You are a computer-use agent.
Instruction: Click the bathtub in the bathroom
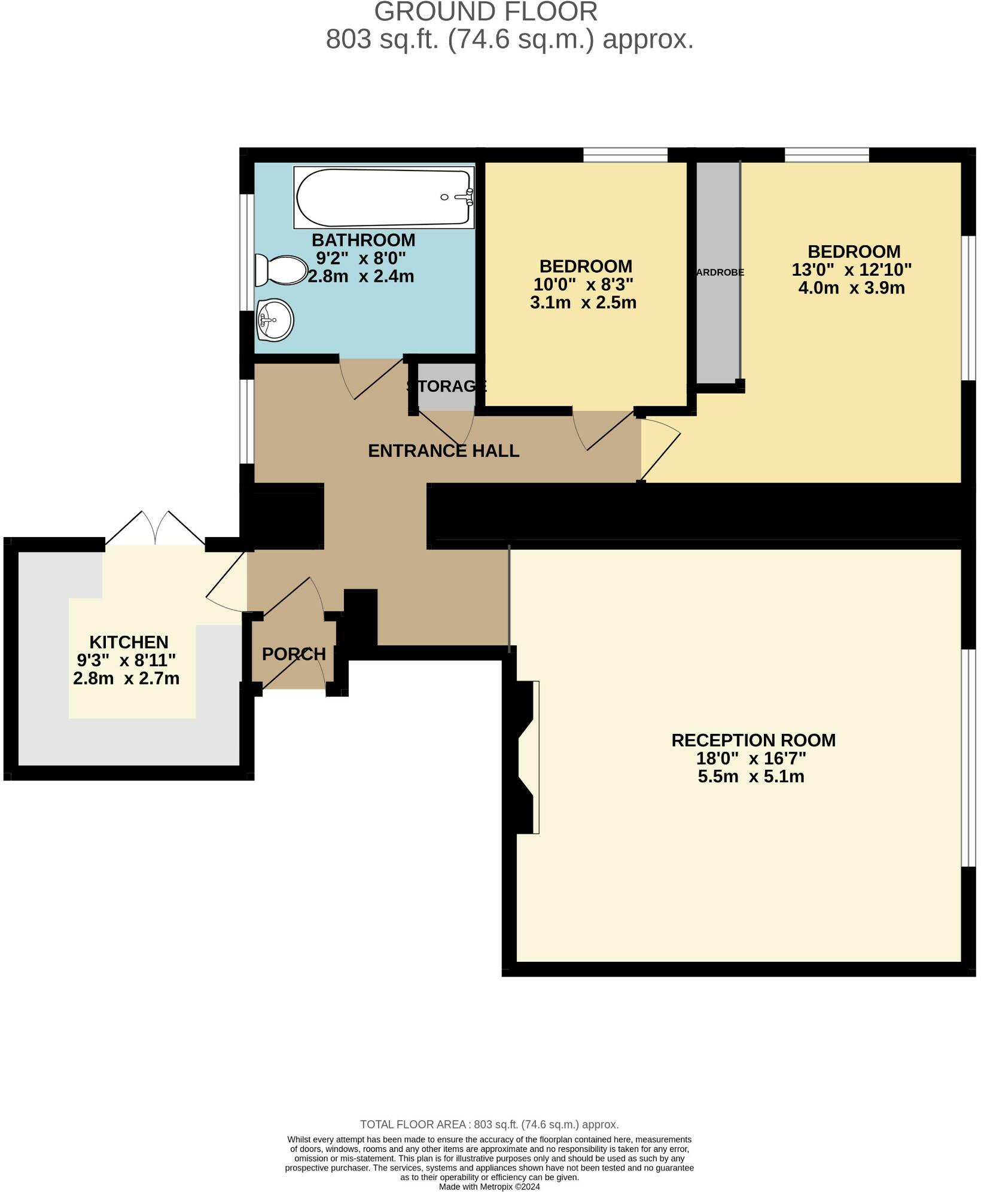pos(383,198)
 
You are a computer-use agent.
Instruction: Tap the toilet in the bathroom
pos(281,270)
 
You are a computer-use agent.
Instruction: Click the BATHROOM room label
pos(363,240)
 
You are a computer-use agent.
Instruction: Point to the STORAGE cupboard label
pos(446,386)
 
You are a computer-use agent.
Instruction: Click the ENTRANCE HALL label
pos(443,451)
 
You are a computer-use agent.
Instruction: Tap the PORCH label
pos(294,654)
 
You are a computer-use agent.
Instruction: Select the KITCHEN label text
pos(129,642)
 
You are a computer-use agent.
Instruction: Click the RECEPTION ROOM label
pos(753,740)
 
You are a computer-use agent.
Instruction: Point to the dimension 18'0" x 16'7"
pos(751,759)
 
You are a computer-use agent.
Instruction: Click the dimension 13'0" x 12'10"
pos(851,270)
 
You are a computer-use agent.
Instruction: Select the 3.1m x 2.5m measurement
pos(583,303)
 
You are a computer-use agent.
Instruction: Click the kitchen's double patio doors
pos(156,529)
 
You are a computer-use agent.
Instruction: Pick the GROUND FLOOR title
pos(486,12)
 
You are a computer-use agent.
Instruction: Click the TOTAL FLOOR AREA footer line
pos(489,1124)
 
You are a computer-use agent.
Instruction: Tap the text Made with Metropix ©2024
pos(489,1187)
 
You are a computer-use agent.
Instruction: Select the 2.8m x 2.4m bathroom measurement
pos(361,277)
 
